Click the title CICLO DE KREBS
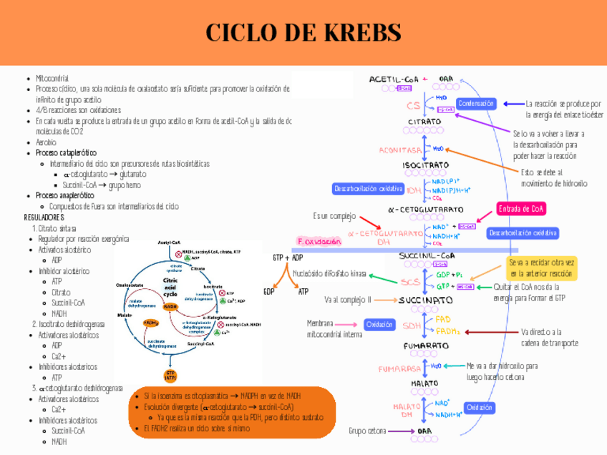coord(303,32)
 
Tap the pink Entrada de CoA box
coord(520,208)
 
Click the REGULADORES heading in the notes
coord(44,217)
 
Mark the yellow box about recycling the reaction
coord(542,268)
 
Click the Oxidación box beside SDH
coord(379,324)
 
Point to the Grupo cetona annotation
coord(367,431)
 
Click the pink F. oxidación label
coord(318,242)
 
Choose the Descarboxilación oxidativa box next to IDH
coord(368,188)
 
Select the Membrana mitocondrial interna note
coord(334,328)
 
